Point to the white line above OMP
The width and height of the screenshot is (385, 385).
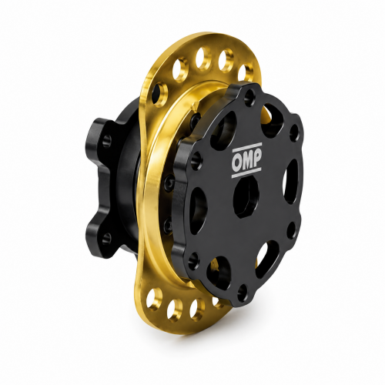pos(246,148)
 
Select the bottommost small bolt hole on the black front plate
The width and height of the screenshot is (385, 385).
pos(243,290)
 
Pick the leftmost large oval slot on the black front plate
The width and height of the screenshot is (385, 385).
pos(198,210)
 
